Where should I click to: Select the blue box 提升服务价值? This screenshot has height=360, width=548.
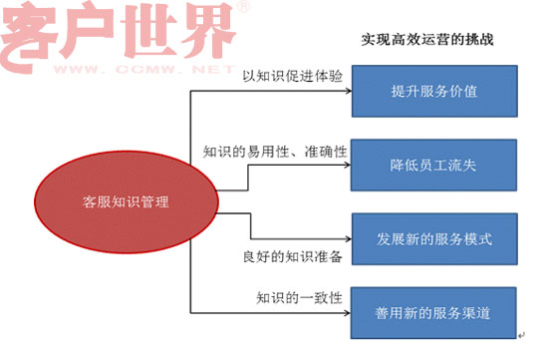tap(434, 92)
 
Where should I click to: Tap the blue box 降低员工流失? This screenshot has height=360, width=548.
tap(434, 166)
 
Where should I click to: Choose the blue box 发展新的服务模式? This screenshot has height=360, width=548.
tap(434, 240)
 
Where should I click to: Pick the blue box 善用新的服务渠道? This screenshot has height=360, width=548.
tap(434, 314)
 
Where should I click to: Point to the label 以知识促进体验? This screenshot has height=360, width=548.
tap(284, 75)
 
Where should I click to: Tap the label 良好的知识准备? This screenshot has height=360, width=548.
tap(292, 257)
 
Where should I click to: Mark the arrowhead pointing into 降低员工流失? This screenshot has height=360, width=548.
tap(351, 166)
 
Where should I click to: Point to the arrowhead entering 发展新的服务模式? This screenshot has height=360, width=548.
tap(351, 240)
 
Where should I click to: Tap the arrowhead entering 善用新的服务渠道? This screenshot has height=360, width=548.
tap(351, 314)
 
